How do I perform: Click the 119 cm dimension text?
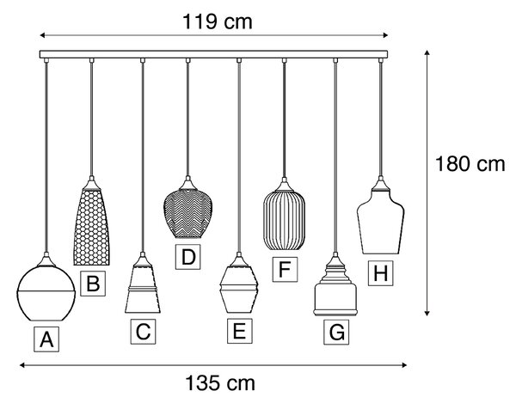[x=218, y=21]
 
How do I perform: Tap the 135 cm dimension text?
[x=220, y=383]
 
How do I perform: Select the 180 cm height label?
[x=470, y=164]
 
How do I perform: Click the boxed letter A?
[x=46, y=339]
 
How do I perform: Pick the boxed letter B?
[x=93, y=284]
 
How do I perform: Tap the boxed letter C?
[x=143, y=332]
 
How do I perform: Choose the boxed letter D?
[x=187, y=257]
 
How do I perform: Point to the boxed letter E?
[x=240, y=331]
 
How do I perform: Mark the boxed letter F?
[x=285, y=269]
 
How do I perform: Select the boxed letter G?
[x=336, y=332]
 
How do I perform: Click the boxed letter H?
[x=380, y=273]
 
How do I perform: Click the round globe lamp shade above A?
[x=46, y=292]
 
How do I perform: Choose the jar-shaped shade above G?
[x=335, y=290]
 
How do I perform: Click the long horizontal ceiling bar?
[x=213, y=54]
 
